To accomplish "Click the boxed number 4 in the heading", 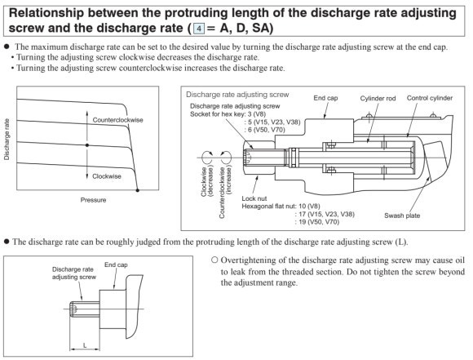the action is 199,29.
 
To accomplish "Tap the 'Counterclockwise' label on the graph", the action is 118,120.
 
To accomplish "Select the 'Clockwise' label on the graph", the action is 107,176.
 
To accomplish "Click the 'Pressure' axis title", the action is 93,200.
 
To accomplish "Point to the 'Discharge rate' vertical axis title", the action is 7,140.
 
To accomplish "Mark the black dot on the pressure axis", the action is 138,190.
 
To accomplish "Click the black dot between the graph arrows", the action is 87,145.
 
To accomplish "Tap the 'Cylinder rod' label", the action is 378,99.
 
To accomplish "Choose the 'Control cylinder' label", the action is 430,98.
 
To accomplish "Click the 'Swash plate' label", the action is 402,216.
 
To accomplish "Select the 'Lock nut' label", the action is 254,198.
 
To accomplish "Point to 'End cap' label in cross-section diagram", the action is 325,98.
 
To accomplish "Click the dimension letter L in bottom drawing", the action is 85,345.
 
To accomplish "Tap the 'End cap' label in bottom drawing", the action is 116,264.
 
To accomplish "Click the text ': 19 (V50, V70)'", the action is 316,222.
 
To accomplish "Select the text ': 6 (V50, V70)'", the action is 264,130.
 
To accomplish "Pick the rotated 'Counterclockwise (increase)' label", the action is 226,193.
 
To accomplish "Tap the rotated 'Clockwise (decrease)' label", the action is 207,181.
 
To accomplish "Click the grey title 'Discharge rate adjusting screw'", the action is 237,95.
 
